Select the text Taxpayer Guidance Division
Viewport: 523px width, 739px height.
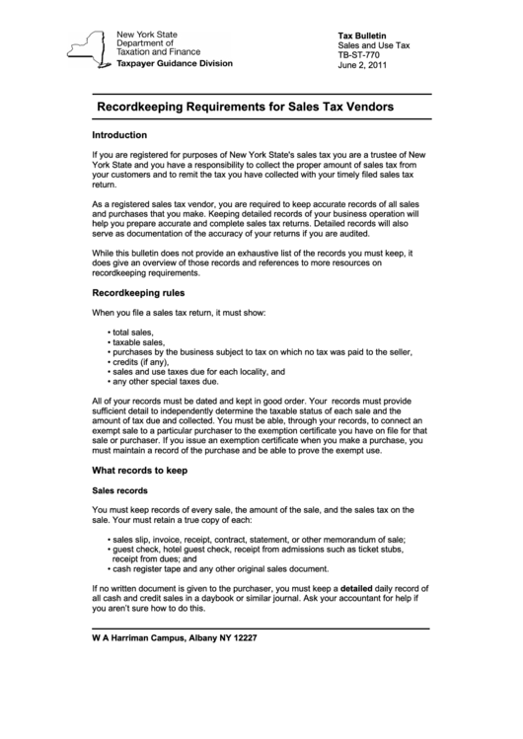tap(174, 62)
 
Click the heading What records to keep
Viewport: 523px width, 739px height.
tap(139, 470)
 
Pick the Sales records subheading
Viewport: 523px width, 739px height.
tap(119, 490)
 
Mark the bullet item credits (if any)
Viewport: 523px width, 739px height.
tap(140, 362)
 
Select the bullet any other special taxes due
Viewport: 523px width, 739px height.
tap(169, 381)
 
